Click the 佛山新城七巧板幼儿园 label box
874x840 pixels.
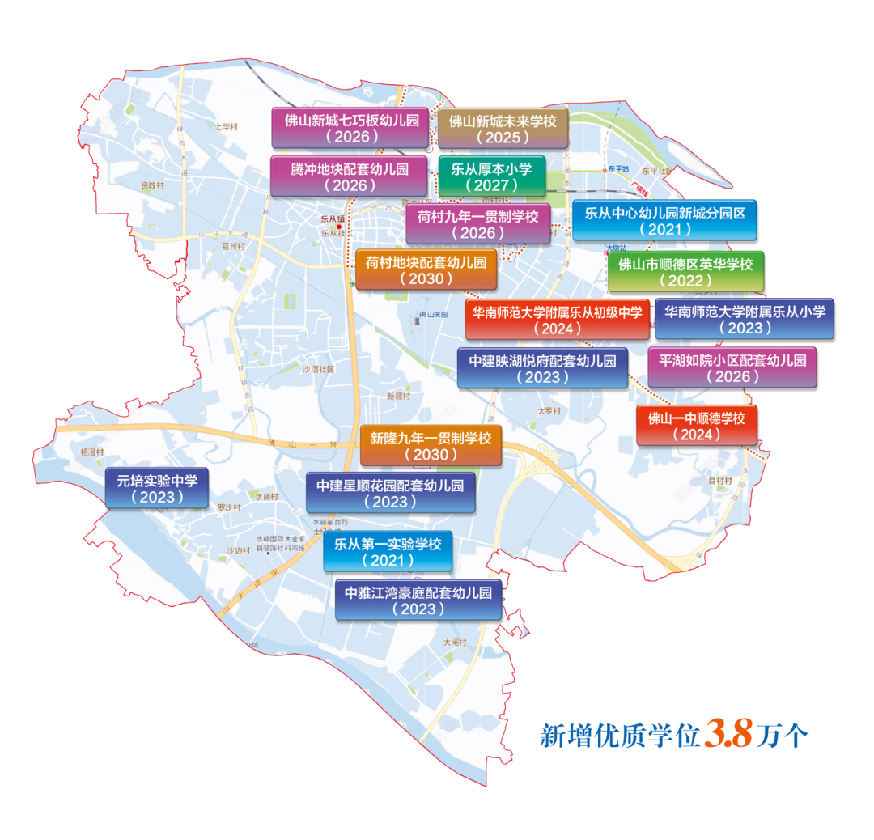[351, 128]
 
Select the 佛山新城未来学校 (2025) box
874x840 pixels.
[503, 128]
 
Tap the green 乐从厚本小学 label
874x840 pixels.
[491, 176]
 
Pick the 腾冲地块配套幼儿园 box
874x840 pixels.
[350, 176]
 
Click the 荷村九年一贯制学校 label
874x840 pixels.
[477, 223]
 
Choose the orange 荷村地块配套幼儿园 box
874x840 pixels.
[426, 269]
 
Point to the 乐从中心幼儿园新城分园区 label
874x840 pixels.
[664, 220]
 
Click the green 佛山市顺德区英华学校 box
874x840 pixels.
[685, 271]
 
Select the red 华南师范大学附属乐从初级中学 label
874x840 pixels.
[558, 319]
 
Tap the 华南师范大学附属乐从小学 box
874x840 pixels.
[745, 318]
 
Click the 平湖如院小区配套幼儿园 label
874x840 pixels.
[732, 367]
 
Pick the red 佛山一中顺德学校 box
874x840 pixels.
[697, 425]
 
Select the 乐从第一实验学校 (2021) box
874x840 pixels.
[388, 551]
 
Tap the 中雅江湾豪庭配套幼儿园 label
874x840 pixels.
[418, 600]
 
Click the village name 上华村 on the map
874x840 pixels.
[227, 127]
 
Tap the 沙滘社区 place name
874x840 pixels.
[318, 369]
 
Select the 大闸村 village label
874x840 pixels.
[456, 642]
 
